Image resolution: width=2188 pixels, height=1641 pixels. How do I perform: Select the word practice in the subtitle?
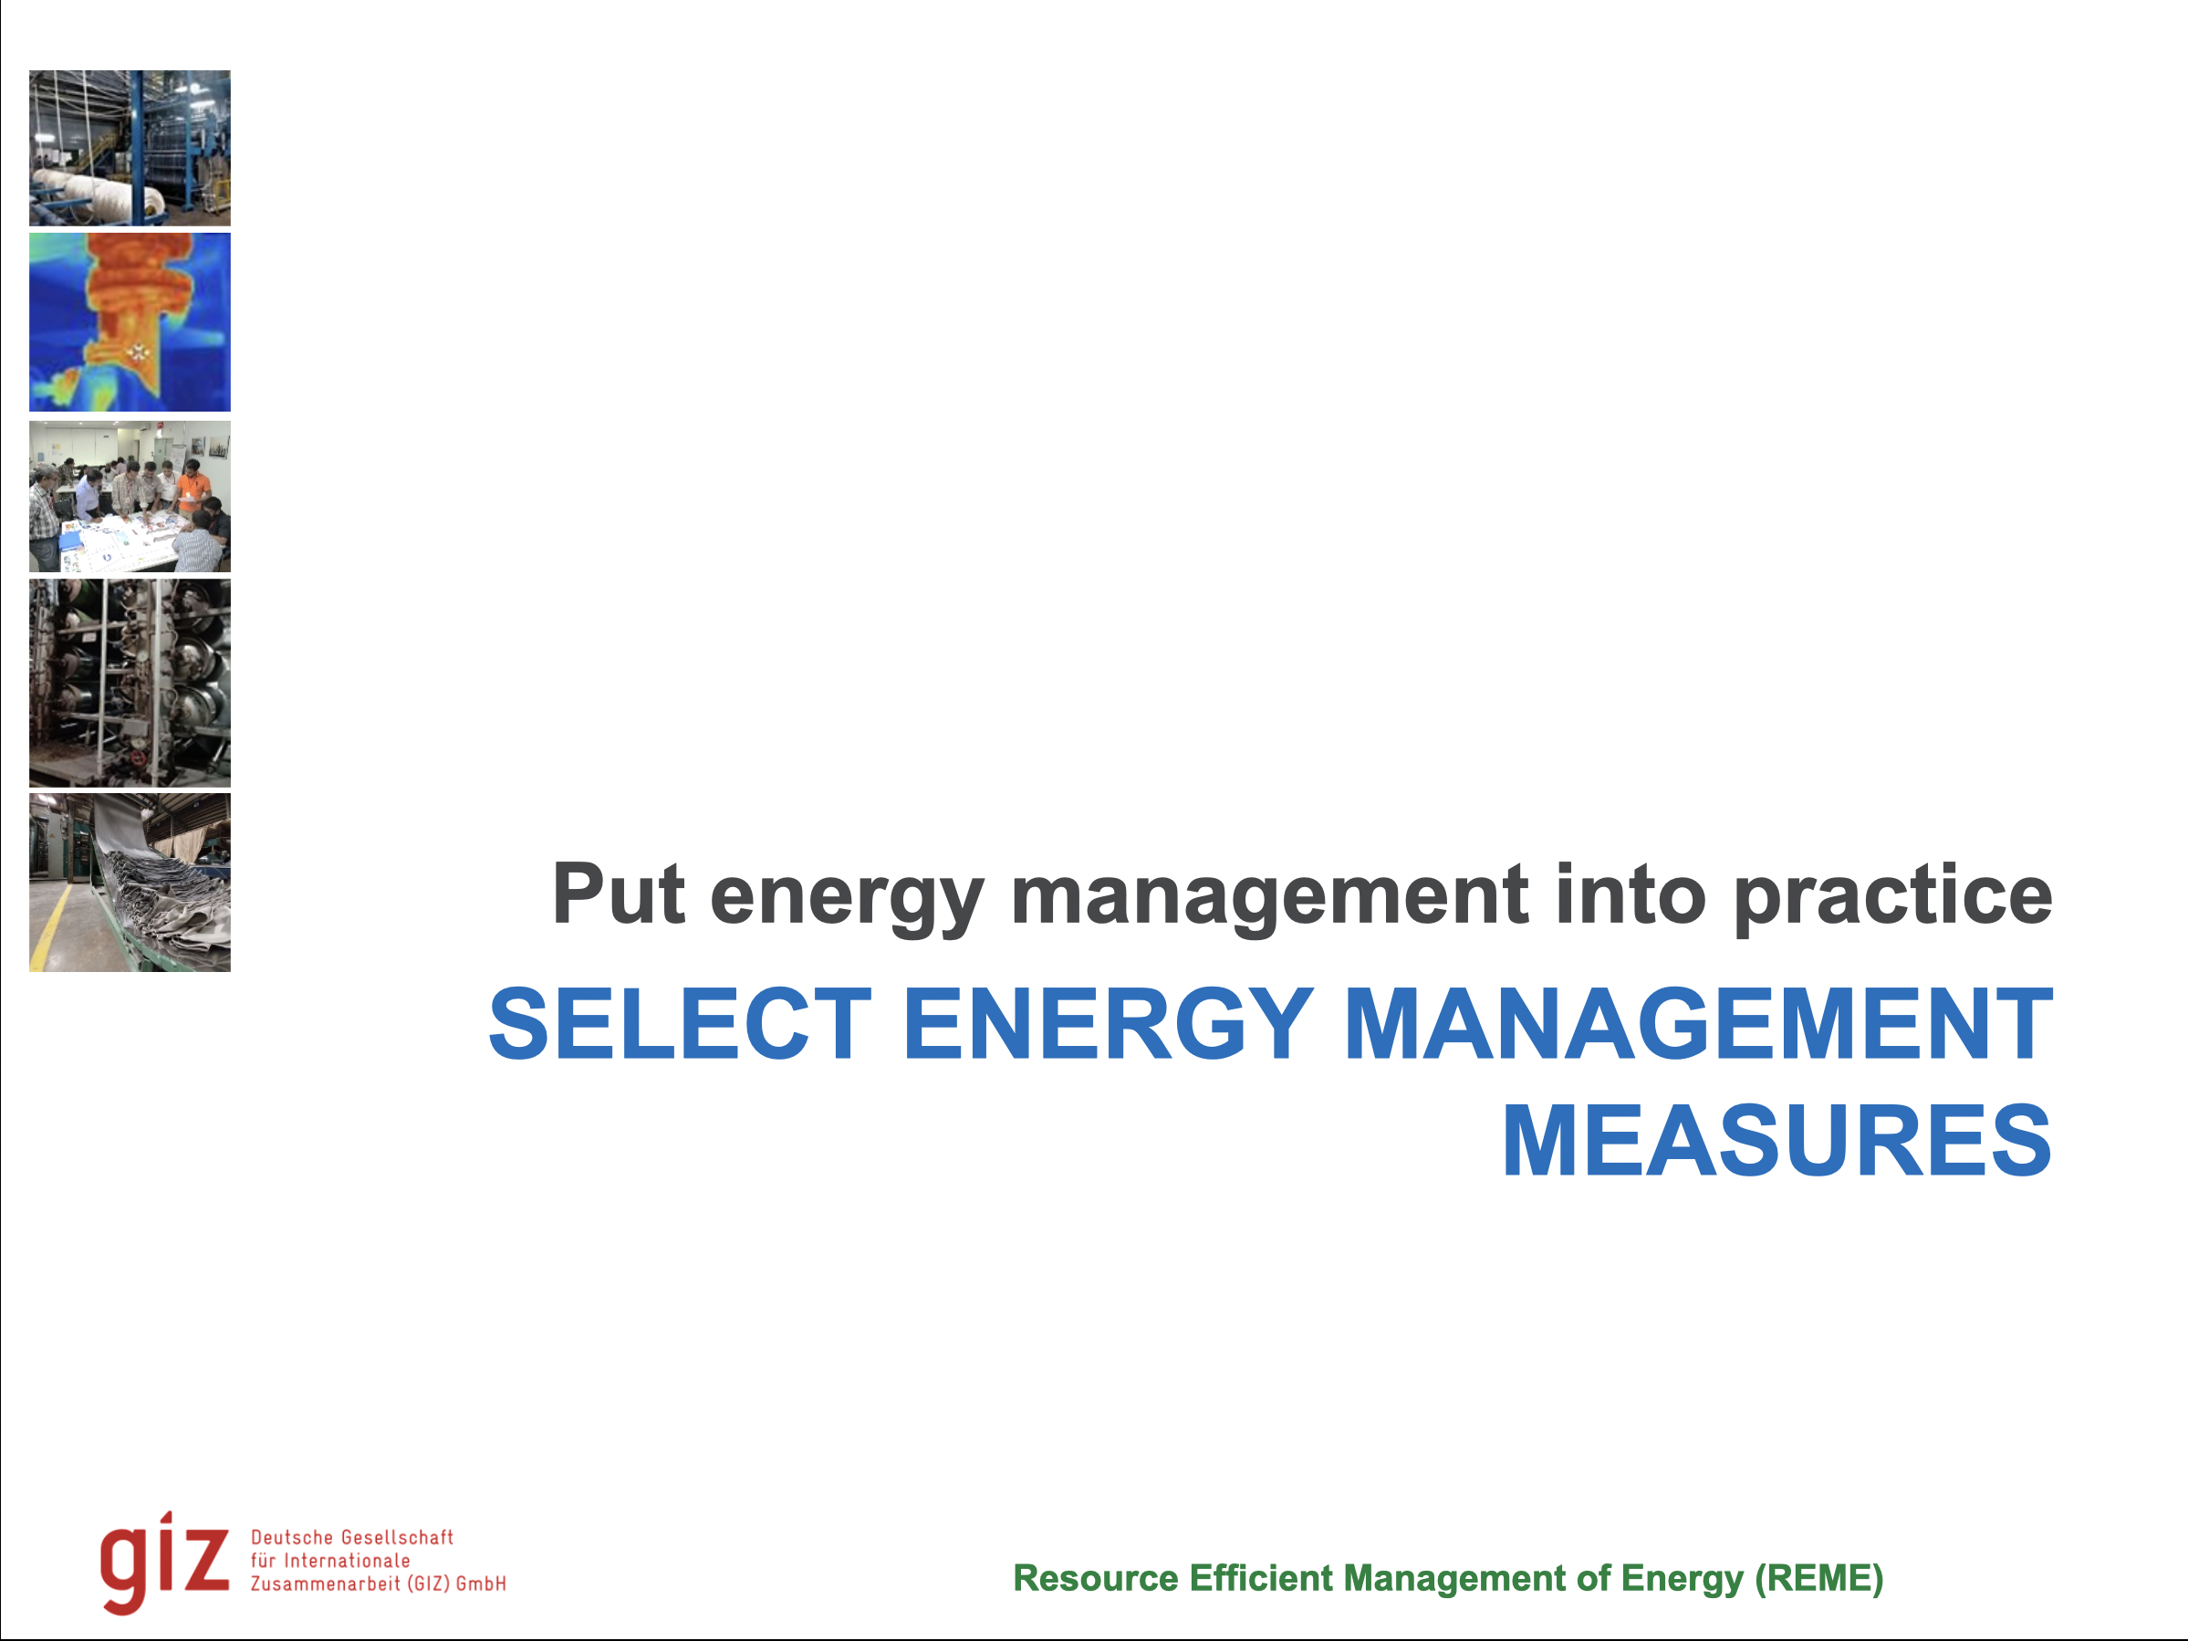[1893, 895]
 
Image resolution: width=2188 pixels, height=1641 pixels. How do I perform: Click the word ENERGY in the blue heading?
[1108, 1025]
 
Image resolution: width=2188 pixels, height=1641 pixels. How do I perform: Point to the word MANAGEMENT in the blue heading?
[1697, 1025]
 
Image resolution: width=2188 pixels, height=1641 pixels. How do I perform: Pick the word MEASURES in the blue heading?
[1776, 1143]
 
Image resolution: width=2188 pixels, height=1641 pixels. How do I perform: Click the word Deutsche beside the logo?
[293, 1537]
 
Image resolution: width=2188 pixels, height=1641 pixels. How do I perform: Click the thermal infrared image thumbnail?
[130, 322]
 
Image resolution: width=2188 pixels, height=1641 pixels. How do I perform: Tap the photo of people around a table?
[130, 496]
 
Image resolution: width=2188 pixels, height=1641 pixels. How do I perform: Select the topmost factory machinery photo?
[130, 149]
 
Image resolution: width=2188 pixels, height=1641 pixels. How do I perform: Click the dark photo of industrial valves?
[130, 683]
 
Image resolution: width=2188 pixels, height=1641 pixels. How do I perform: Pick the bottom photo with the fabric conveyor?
[130, 883]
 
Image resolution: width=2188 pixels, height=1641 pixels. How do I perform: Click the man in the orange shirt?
[195, 489]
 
